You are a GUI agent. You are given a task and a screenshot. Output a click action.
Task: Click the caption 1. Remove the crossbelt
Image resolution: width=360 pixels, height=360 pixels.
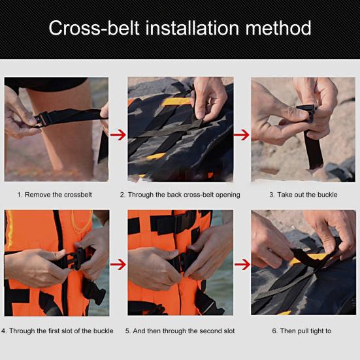click(x=56, y=195)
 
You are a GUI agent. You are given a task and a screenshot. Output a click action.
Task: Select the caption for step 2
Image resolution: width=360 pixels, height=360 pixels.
click(x=180, y=195)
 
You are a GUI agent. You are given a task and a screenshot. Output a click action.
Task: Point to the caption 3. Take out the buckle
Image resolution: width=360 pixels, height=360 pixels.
click(x=303, y=195)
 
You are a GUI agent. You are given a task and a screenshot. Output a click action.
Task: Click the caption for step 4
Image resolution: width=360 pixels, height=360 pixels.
click(x=57, y=331)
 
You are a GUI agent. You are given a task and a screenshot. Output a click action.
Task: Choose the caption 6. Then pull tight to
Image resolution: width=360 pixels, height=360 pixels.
click(x=301, y=331)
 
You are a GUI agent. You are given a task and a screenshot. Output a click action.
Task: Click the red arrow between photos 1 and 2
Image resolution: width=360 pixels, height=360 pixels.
click(x=118, y=135)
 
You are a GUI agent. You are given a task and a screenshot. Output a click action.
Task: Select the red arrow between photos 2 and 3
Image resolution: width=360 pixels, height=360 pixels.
click(x=242, y=135)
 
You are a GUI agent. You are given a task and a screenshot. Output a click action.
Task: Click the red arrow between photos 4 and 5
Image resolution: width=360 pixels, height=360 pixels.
click(x=118, y=265)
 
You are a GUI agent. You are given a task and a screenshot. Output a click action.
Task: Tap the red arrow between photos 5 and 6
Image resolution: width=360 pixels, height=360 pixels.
click(x=242, y=265)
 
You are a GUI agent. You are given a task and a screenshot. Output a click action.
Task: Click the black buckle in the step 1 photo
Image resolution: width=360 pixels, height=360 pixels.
click(x=44, y=119)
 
